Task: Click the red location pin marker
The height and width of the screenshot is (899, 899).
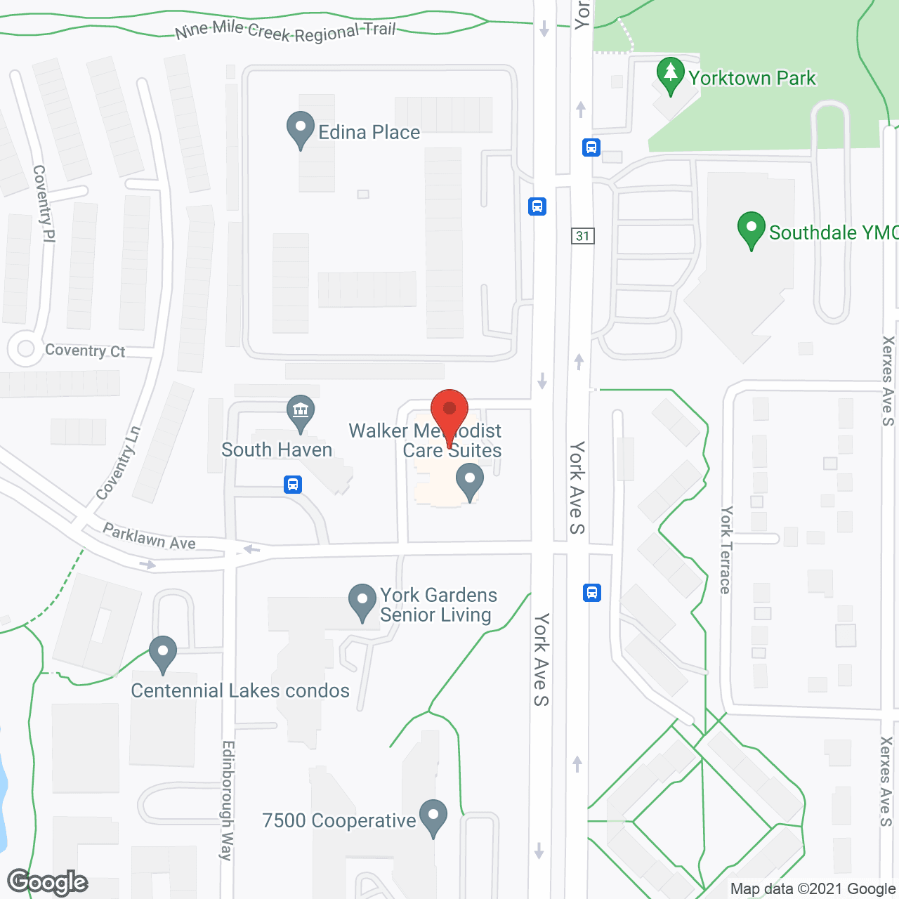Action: tap(449, 412)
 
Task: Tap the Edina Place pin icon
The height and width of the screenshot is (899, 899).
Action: tap(301, 130)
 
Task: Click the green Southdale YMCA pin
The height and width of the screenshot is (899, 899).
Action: tap(751, 230)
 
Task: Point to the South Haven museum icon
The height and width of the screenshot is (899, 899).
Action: tap(301, 412)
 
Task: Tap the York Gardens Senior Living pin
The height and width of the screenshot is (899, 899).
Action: tap(362, 602)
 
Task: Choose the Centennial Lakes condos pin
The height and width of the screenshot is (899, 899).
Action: tap(163, 653)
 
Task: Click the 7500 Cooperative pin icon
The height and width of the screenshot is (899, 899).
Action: tap(433, 818)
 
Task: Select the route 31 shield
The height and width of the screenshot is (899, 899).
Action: tap(582, 236)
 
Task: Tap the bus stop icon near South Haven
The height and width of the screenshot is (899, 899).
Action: tap(293, 485)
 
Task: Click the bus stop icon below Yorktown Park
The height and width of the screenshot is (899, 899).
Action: tap(591, 147)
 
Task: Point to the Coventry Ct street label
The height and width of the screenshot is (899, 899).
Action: tap(85, 350)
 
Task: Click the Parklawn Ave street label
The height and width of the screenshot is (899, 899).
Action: tap(149, 537)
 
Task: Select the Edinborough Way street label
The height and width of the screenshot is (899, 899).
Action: tap(227, 800)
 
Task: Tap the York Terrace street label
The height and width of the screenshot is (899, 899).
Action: tap(726, 550)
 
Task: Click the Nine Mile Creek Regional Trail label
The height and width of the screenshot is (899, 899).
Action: tap(285, 31)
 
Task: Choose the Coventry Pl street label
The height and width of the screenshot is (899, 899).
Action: tap(44, 204)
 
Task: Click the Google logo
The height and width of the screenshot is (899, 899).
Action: tap(48, 882)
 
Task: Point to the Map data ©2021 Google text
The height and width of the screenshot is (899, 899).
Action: tap(813, 889)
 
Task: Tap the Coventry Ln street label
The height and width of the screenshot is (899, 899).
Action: tap(119, 463)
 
